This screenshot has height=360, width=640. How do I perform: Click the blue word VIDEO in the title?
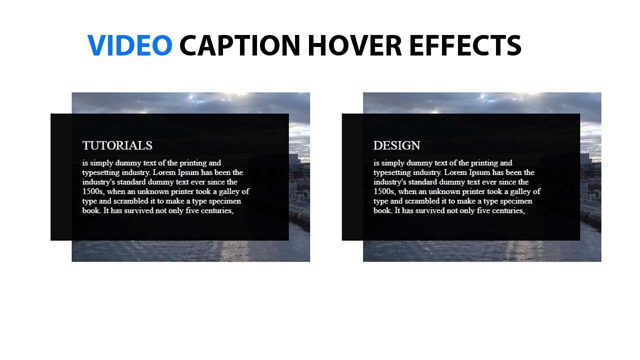[x=130, y=45]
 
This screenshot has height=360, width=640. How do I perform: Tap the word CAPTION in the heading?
[x=240, y=45]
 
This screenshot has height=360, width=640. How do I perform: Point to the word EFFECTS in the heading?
[x=465, y=45]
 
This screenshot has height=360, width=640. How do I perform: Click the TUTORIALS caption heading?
[x=117, y=145]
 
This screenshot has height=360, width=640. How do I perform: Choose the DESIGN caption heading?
[x=396, y=145]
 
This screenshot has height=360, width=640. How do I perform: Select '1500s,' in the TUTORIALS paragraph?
[x=93, y=191]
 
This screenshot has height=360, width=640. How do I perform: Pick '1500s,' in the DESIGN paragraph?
[x=384, y=191]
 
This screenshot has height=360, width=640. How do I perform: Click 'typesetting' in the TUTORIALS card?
[x=101, y=172]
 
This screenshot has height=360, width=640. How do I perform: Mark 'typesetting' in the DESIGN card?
[x=392, y=172]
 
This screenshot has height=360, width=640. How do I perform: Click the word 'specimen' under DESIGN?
[x=514, y=201]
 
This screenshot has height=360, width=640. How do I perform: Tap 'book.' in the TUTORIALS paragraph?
[x=91, y=210]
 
